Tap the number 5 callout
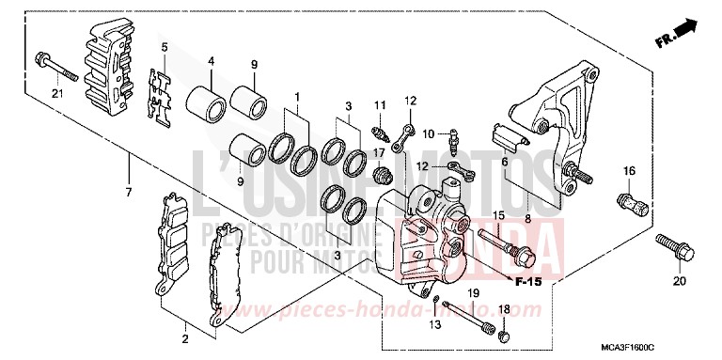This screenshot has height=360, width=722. [x=164, y=47]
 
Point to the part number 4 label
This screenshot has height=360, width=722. [x=212, y=63]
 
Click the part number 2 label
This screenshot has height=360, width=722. [x=185, y=338]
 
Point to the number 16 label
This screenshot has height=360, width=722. [x=630, y=171]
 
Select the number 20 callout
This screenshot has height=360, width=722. [x=679, y=281]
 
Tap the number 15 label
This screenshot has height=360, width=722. [x=498, y=215]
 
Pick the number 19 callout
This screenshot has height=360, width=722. [x=475, y=294]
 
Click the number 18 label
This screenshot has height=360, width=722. [x=503, y=309]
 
